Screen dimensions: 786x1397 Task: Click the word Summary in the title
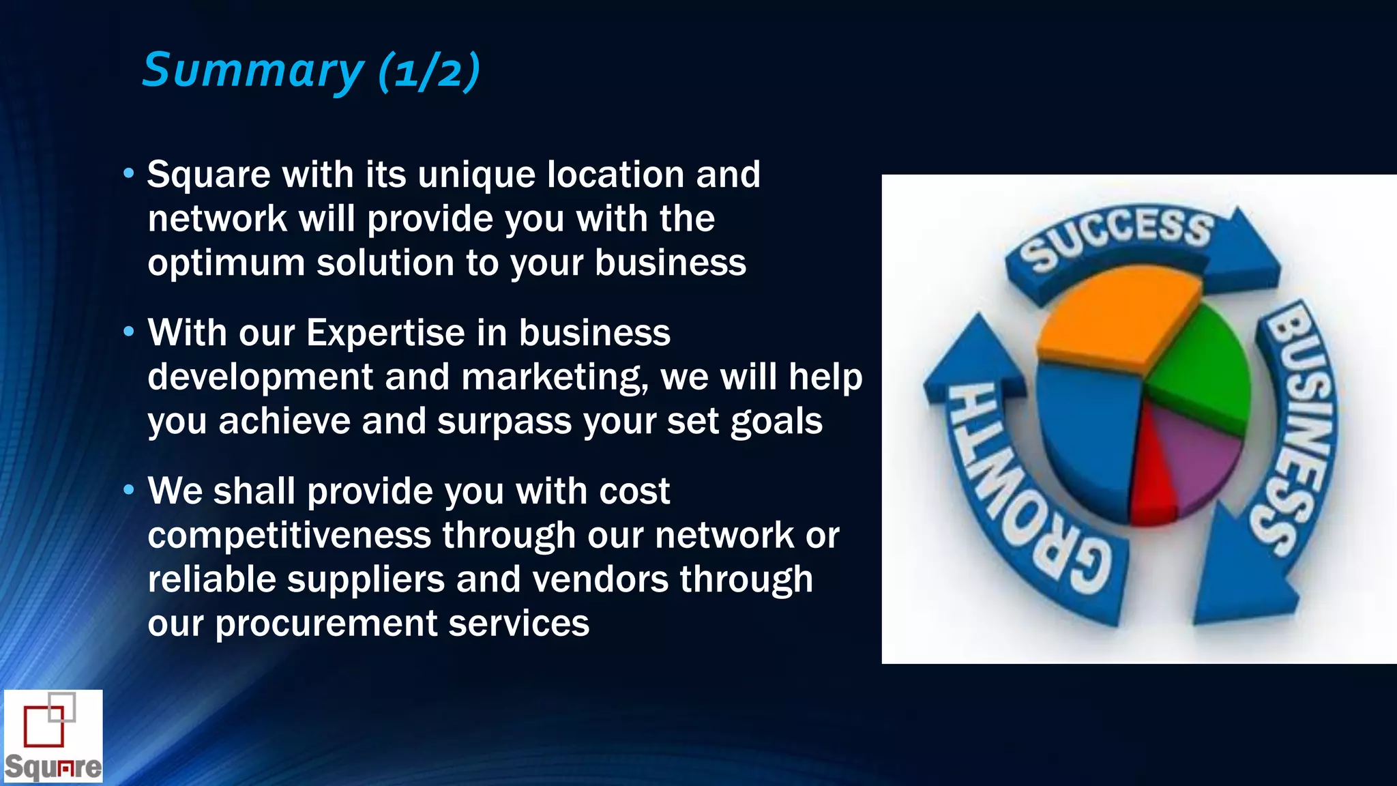pos(252,70)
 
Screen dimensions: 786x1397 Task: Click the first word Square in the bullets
pos(209,175)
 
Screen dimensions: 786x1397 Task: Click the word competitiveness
pos(289,536)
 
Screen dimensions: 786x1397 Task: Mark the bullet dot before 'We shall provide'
pos(129,490)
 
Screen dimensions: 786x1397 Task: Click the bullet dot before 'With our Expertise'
pos(129,332)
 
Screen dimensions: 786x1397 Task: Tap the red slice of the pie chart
pos(1153,478)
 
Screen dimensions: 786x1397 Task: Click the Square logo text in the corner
pos(53,767)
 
